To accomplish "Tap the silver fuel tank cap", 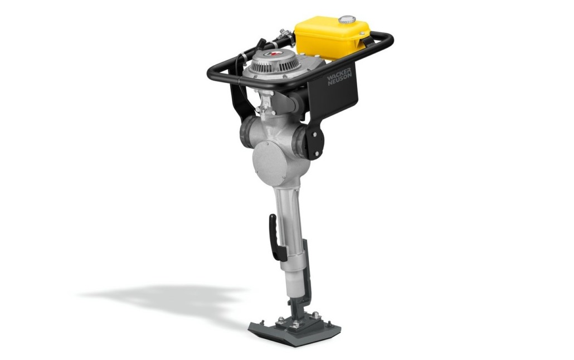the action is pyautogui.click(x=347, y=19).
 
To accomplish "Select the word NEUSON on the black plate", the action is pyautogui.click(x=340, y=80).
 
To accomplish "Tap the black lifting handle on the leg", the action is pyautogui.click(x=276, y=237).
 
